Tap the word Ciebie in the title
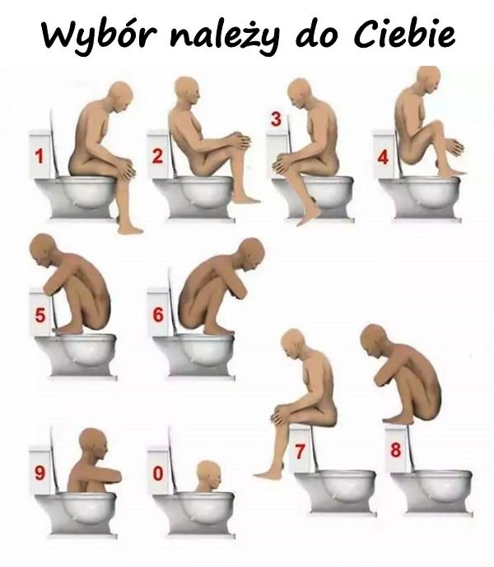403,35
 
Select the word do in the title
319,35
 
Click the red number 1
39,156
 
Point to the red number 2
157,156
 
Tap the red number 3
276,119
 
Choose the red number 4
383,158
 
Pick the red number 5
40,314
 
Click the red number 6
158,314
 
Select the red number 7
300,452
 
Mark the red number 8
395,450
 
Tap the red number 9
40,473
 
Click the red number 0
158,473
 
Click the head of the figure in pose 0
208,476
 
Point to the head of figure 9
94,444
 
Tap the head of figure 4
428,81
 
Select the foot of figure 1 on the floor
130,229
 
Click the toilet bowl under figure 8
431,490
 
